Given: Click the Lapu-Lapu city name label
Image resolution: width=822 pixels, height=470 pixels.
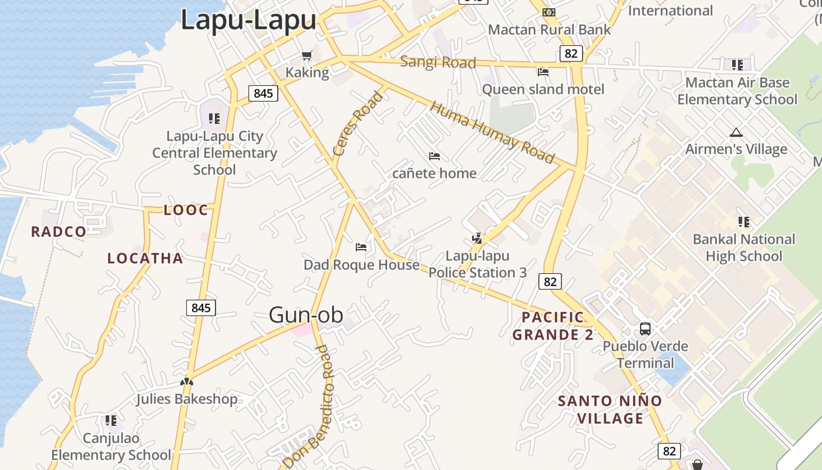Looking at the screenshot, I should (x=248, y=20).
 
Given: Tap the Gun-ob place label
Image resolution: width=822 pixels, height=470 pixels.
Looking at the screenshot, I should (x=305, y=315).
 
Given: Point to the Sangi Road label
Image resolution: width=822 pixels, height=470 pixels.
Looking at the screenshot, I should (x=437, y=62).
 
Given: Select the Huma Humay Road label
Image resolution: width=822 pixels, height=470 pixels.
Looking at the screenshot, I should (x=492, y=133).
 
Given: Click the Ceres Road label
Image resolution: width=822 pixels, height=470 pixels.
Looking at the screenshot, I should (x=358, y=123).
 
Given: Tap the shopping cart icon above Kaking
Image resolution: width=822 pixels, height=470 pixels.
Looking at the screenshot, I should (x=306, y=56).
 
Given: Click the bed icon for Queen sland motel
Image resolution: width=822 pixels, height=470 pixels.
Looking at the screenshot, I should (x=543, y=72).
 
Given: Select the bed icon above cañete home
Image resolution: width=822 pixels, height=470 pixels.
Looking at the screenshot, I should (x=434, y=156).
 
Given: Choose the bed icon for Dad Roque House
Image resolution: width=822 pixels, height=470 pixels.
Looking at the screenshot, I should (x=361, y=247).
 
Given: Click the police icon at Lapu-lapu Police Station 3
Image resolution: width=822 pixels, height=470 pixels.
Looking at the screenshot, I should (x=477, y=239).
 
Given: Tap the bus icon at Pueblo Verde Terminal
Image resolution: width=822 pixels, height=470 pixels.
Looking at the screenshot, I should (x=645, y=329).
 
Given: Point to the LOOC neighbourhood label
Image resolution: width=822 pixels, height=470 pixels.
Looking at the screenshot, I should (x=186, y=210).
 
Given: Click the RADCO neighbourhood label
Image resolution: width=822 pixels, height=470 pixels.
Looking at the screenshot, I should (x=59, y=231).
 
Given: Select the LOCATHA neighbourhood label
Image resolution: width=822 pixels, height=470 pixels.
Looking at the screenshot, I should (x=145, y=258).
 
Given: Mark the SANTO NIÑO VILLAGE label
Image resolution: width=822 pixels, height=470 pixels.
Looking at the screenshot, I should (x=609, y=409).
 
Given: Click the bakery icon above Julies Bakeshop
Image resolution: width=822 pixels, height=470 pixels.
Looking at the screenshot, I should (x=187, y=382).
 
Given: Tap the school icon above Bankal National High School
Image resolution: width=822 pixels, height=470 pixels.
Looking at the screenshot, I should (x=744, y=222).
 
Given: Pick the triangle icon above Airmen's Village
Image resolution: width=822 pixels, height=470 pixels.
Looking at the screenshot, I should (x=736, y=132).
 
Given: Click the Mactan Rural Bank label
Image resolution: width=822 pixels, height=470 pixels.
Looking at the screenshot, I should (x=549, y=29).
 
